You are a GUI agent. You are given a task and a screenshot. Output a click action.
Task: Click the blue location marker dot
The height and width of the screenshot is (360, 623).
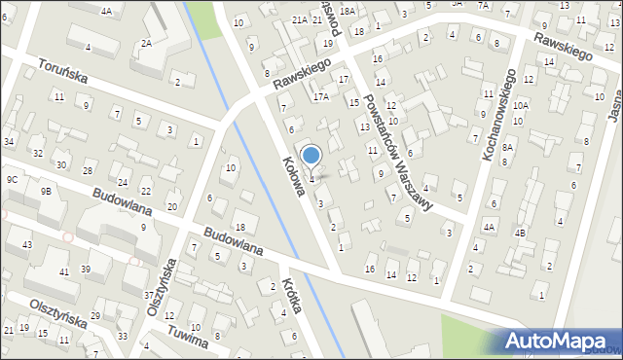click(311, 155)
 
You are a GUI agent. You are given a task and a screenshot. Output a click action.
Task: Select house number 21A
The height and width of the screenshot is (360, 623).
click(300, 19)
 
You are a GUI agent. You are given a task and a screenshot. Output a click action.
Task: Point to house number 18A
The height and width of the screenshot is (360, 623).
click(348, 11)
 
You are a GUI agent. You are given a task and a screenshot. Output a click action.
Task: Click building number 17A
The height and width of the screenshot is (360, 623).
click(321, 97)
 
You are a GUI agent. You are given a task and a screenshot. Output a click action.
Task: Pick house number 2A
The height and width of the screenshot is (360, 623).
click(146, 43)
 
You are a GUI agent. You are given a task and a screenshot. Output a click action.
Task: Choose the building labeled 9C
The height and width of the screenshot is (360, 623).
click(12, 180)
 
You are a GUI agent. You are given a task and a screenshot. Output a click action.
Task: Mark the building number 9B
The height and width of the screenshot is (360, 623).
click(46, 191)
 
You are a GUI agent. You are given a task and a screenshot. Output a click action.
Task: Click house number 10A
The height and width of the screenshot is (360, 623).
click(521, 105)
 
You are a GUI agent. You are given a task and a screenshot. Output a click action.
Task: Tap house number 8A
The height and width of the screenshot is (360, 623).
click(507, 146)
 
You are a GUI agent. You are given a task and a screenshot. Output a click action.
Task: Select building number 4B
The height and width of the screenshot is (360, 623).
click(520, 233)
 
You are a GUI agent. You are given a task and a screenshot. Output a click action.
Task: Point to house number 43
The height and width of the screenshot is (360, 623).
click(26, 243)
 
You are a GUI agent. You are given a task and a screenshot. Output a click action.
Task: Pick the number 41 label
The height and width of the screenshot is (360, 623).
click(63, 271)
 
